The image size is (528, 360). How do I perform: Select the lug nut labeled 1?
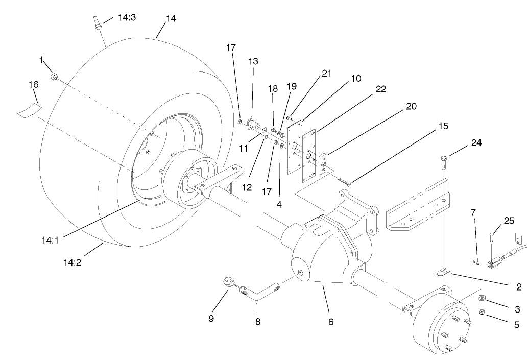(55, 77)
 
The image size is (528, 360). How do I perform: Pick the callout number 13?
(253, 61)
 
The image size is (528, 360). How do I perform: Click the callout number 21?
(326, 73)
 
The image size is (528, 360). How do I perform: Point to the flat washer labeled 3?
(482, 298)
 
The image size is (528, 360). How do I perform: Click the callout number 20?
(412, 106)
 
